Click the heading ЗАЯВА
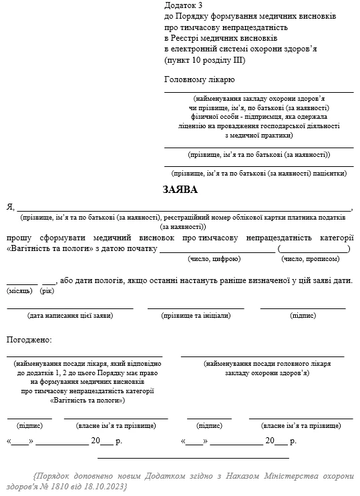click(x=180, y=190)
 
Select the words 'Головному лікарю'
click(x=199, y=79)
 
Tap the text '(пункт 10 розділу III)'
click(x=205, y=60)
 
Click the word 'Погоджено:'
click(x=29, y=340)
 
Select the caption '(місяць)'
click(x=19, y=292)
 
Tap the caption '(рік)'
click(x=47, y=292)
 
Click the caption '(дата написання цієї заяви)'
click(x=70, y=315)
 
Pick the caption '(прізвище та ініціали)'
click(x=196, y=315)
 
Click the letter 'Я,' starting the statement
click(x=10, y=207)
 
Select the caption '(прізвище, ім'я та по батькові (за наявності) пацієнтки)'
click(x=258, y=173)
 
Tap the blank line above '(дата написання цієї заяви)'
click(x=70, y=308)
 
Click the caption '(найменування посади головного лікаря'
click(x=266, y=364)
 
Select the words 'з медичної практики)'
click(x=258, y=134)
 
